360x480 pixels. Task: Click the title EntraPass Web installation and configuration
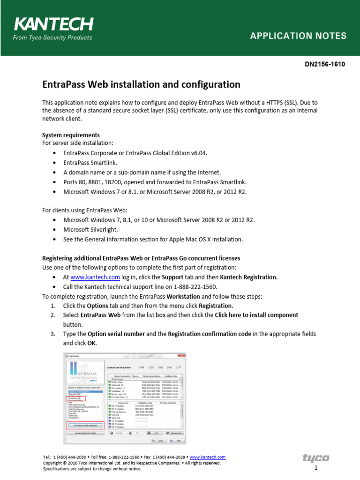(141, 84)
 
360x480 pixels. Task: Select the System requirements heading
(71, 135)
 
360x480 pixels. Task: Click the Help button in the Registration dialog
(179, 441)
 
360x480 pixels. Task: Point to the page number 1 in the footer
(316, 468)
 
